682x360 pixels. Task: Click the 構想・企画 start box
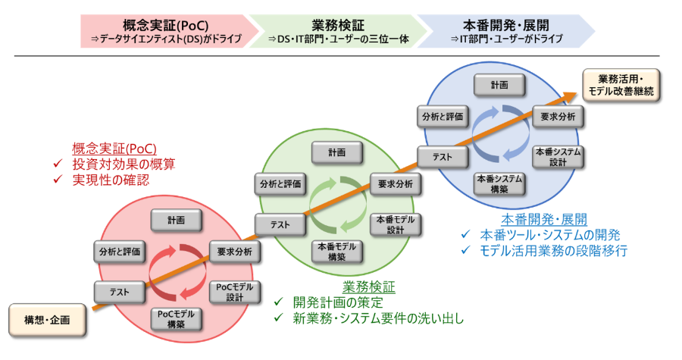pyautogui.click(x=47, y=320)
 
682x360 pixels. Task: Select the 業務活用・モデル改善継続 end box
pyautogui.click(x=621, y=85)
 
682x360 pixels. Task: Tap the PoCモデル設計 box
pyautogui.click(x=235, y=292)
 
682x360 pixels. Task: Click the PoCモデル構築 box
pyautogui.click(x=177, y=318)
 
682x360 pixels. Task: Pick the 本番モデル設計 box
pyautogui.click(x=396, y=224)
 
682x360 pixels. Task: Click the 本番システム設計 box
pyautogui.click(x=558, y=157)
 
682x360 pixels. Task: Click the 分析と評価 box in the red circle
pyautogui.click(x=119, y=251)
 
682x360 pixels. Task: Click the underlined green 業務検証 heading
pyautogui.click(x=369, y=286)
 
